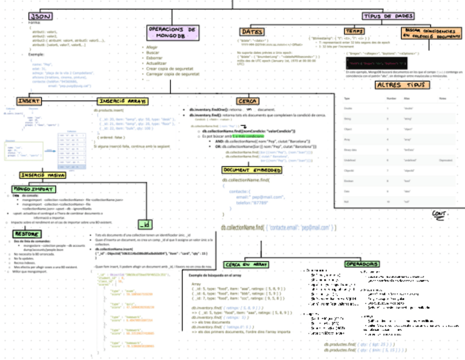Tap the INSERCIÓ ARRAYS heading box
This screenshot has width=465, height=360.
122,102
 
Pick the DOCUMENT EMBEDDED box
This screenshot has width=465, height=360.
252,171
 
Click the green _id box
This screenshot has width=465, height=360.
145,225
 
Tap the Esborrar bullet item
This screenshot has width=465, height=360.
155,58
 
